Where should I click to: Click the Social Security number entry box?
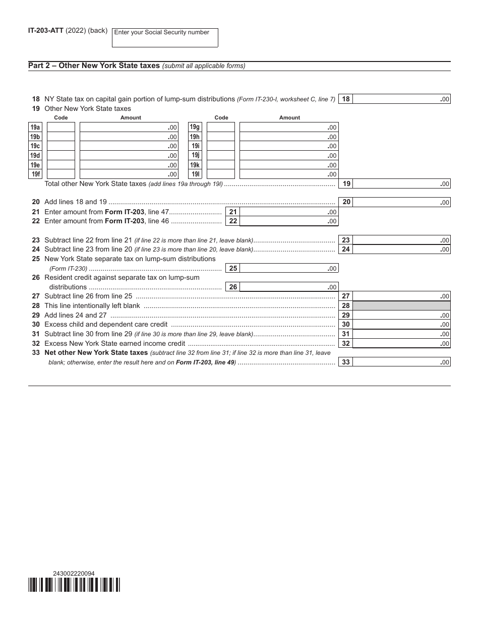[x=165, y=38]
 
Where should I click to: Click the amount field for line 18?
[x=401, y=99]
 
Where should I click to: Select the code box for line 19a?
[x=61, y=128]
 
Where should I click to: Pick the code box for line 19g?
[x=221, y=128]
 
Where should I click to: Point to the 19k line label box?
[x=195, y=165]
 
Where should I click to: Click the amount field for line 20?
[x=401, y=202]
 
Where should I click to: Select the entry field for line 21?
[x=288, y=212]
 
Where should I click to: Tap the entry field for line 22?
[x=288, y=221]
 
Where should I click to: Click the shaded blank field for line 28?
[x=401, y=306]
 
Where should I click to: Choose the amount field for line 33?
[x=401, y=362]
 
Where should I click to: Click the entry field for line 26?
[x=288, y=287]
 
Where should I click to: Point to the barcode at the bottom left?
[x=74, y=585]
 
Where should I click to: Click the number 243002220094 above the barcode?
[x=74, y=573]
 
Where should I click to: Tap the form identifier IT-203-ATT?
[x=46, y=31]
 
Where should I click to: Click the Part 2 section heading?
[x=94, y=66]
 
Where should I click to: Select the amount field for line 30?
[x=401, y=325]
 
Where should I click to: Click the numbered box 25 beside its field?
[x=233, y=269]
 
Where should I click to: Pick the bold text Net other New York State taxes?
[x=96, y=353]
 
